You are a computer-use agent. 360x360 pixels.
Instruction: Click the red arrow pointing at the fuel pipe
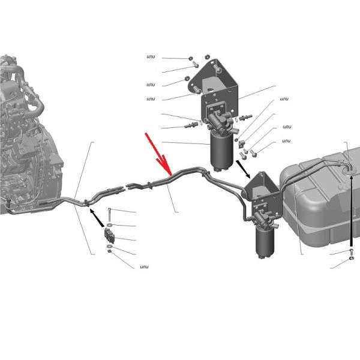(158, 154)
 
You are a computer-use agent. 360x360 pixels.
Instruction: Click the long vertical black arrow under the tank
(351, 211)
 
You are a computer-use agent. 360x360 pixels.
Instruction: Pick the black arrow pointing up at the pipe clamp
(97, 218)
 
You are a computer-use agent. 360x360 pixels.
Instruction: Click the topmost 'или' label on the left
(151, 57)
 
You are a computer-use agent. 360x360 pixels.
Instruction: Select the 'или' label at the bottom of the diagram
(144, 267)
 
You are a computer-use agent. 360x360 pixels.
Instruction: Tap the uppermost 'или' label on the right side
(284, 99)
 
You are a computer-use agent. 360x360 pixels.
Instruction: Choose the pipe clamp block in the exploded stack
(110, 236)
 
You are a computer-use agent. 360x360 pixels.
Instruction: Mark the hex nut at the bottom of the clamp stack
(110, 251)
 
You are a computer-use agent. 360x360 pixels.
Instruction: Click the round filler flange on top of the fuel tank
(349, 170)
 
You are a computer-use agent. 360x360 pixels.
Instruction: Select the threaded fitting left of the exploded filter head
(191, 125)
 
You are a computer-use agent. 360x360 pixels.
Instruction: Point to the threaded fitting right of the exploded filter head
(245, 118)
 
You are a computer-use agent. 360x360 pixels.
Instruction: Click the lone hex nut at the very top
(207, 56)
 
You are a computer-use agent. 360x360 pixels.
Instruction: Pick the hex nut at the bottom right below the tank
(351, 258)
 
